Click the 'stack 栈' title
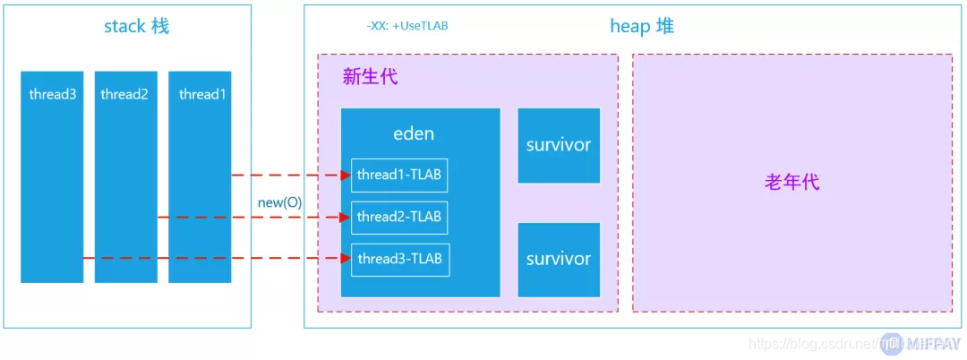tap(136, 26)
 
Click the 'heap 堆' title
tap(642, 26)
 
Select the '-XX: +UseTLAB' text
tap(406, 26)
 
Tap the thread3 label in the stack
tap(52, 94)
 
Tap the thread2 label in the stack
tap(124, 94)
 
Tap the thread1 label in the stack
tap(201, 94)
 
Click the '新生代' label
tap(370, 77)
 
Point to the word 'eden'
tap(414, 133)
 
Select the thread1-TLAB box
tap(398, 175)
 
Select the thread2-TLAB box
tap(398, 217)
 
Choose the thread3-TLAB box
tap(398, 259)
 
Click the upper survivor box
tap(559, 145)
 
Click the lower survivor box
tap(559, 260)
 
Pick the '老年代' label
tap(792, 183)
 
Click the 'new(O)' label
tap(279, 202)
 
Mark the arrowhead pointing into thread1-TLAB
tap(345, 176)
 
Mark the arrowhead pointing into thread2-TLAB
tap(345, 217)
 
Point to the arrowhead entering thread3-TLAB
tap(345, 259)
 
